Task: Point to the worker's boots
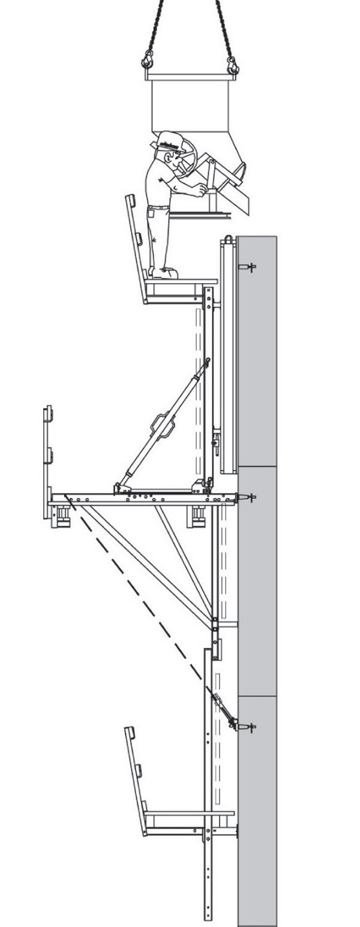165,273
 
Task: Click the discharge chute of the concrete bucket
237,192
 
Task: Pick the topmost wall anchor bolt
247,267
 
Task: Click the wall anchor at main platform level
247,497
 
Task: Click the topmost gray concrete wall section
257,351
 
